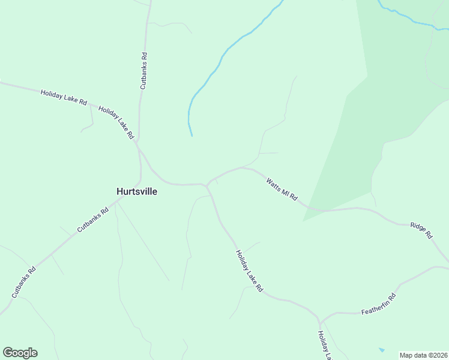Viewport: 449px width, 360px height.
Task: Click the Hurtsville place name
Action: (137, 191)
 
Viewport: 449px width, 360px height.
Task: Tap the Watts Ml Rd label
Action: (282, 188)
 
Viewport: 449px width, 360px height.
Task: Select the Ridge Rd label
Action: (421, 230)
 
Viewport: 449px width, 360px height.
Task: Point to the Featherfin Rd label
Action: (379, 305)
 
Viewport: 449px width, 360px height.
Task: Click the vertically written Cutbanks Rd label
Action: (143, 71)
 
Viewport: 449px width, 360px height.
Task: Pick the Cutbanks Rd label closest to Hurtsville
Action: (92, 220)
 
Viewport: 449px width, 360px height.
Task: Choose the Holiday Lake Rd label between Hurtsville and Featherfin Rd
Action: (249, 271)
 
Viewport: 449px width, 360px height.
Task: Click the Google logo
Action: (20, 353)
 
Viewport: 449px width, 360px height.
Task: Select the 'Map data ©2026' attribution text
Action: (423, 355)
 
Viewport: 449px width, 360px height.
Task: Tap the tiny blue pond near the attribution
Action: (382, 349)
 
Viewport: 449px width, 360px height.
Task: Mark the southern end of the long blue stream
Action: (191, 135)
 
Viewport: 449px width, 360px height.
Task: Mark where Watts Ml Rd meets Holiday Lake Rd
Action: (207, 185)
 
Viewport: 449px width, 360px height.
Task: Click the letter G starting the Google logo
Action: (8, 353)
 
